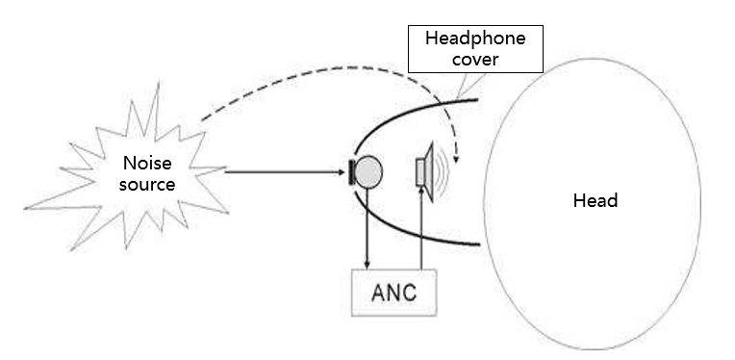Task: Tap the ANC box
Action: coord(394,291)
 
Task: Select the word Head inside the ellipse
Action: coord(595,201)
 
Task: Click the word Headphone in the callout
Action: coord(475,39)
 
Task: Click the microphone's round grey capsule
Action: coord(370,172)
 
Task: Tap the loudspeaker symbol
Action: coord(424,174)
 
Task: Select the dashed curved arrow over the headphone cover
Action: coord(317,72)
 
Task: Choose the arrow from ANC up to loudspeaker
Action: coord(421,231)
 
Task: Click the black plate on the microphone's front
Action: coord(352,173)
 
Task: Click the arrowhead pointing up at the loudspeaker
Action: coord(421,198)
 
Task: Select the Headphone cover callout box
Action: coord(475,48)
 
